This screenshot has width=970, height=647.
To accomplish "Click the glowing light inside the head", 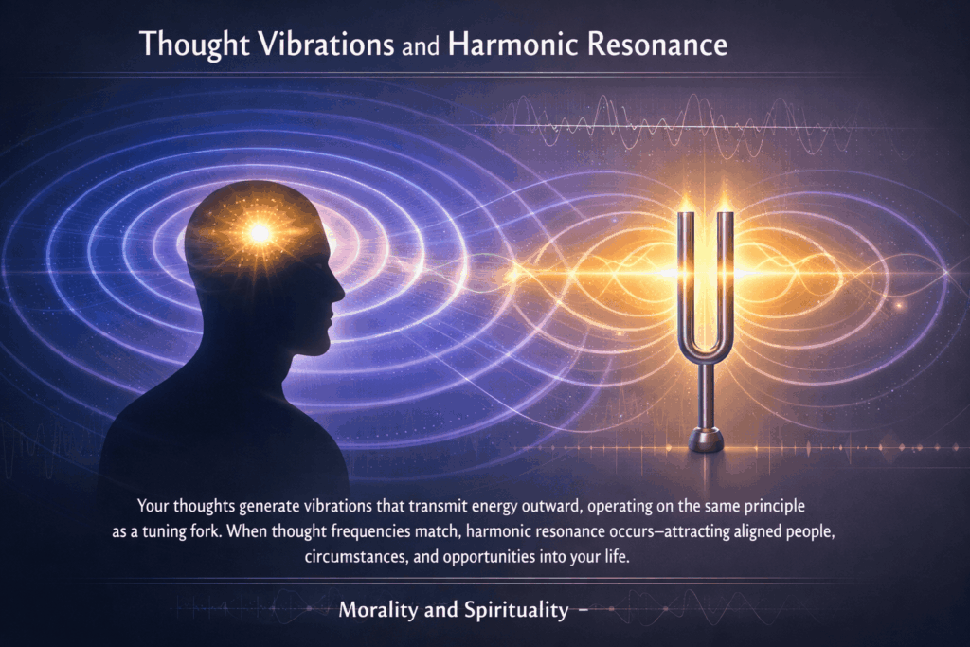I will coord(259,231).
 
